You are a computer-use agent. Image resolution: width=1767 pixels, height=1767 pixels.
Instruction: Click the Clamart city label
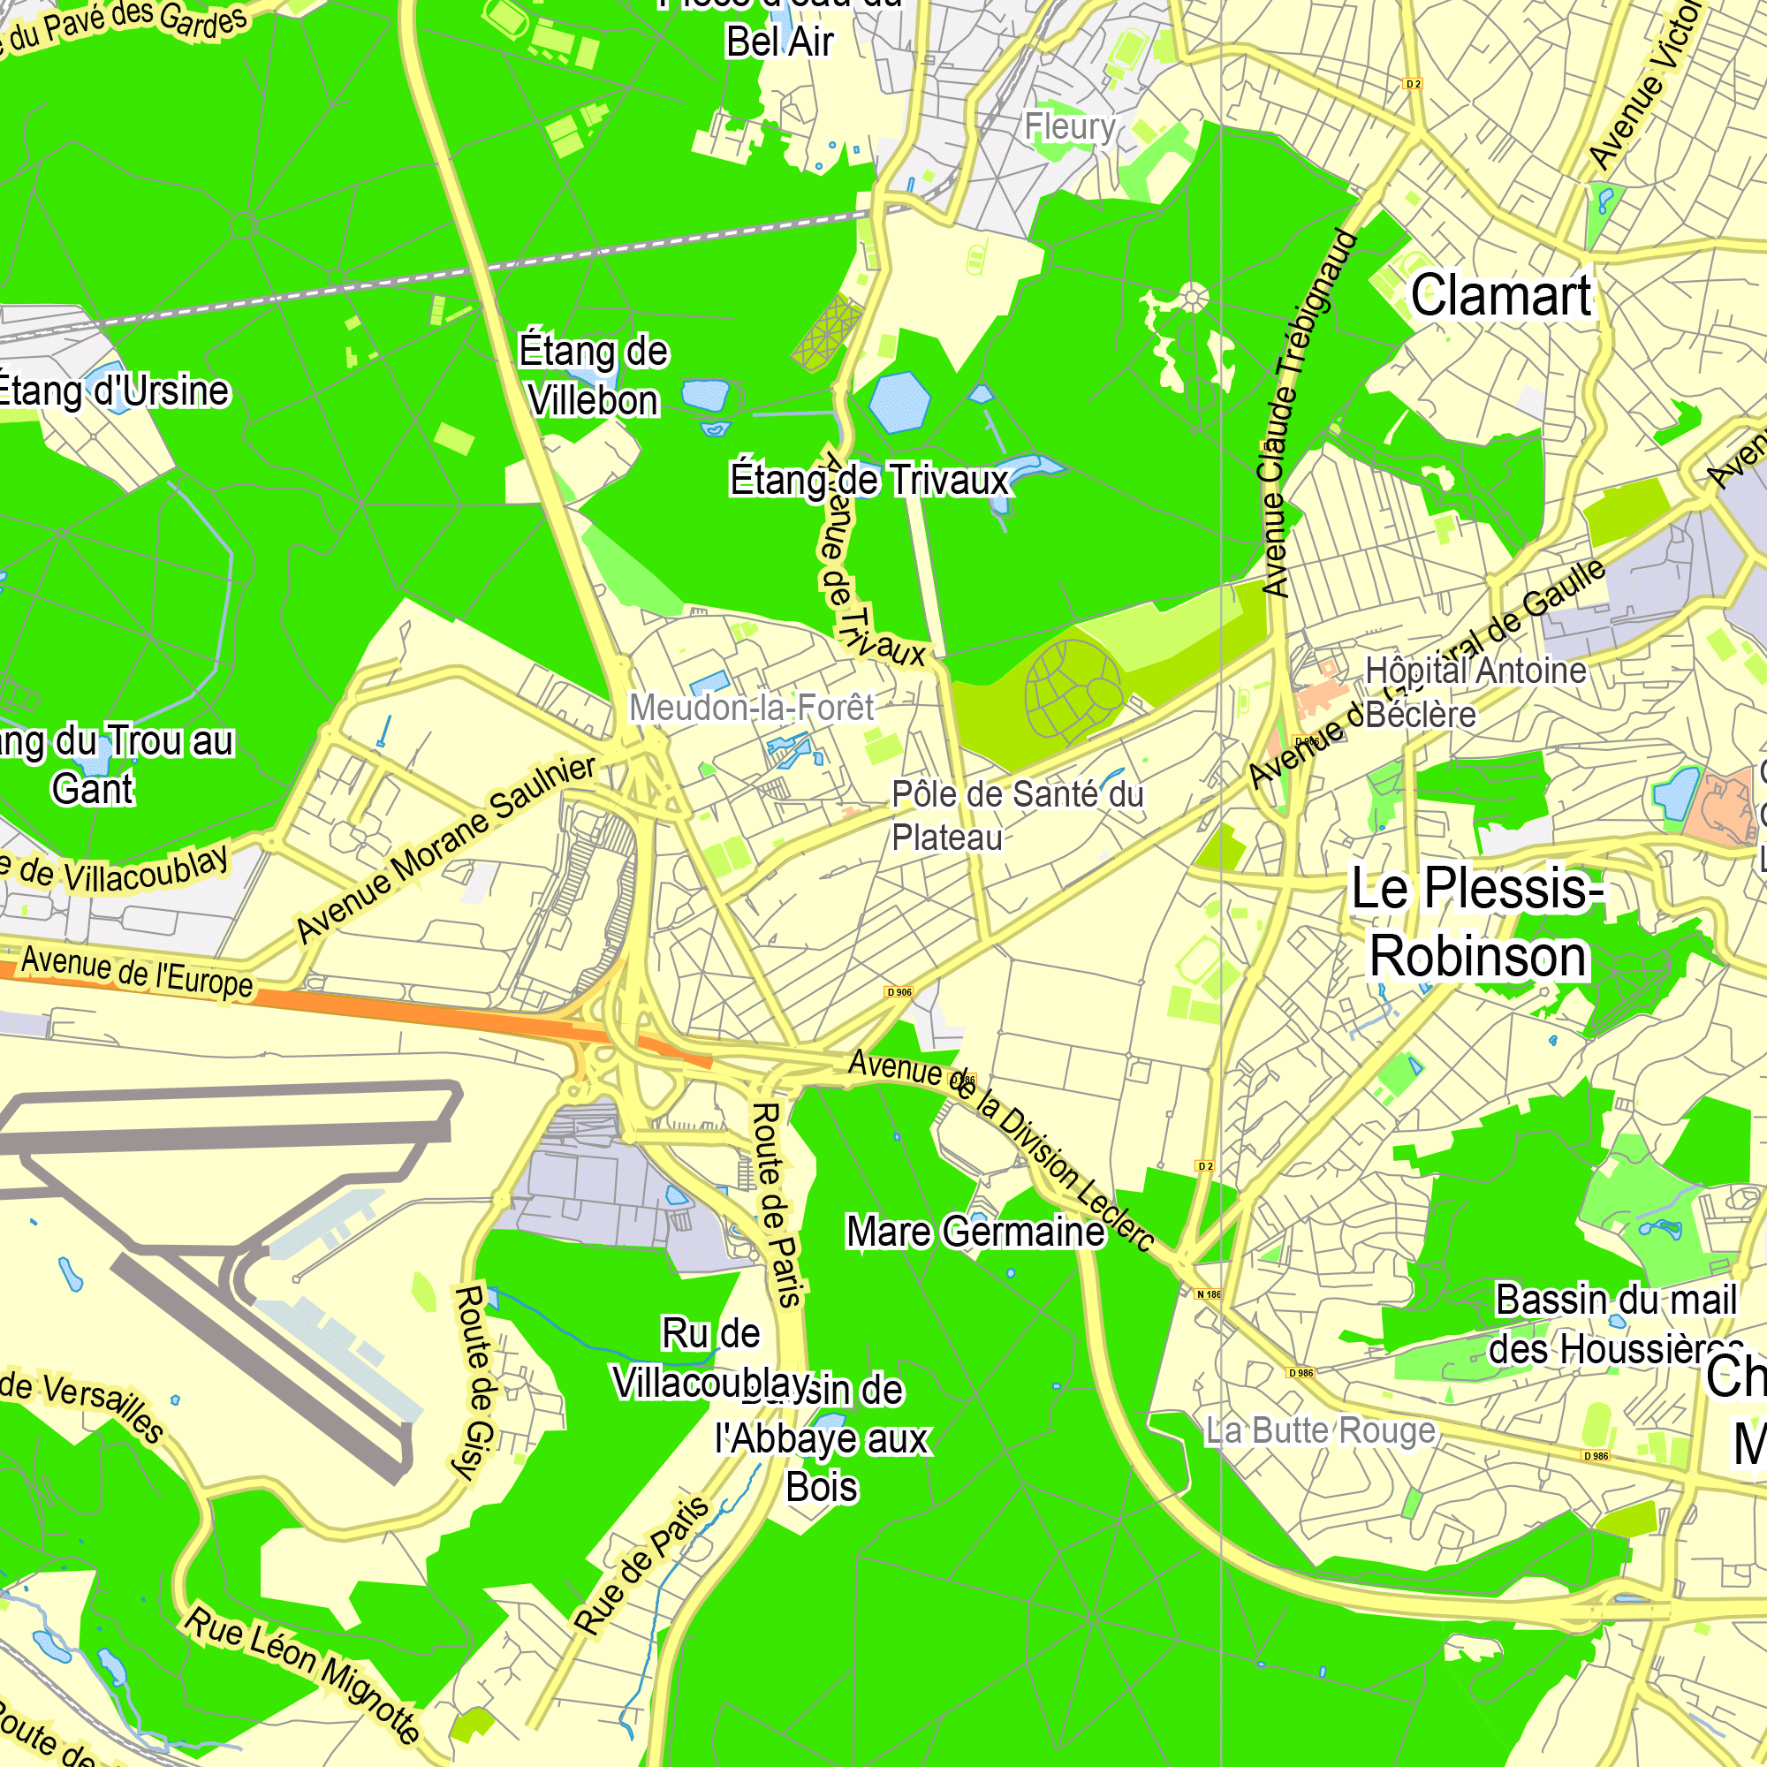[x=1501, y=296]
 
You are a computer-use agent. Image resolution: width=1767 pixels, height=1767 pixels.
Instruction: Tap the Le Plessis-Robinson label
[x=1477, y=923]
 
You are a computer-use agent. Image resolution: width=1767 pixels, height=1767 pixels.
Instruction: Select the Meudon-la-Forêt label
[x=752, y=707]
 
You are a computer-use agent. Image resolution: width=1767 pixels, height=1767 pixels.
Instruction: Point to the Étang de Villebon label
[x=594, y=375]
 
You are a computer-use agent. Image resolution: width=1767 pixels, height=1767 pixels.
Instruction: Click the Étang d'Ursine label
[x=112, y=391]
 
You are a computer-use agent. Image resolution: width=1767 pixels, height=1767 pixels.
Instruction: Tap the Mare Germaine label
[x=975, y=1232]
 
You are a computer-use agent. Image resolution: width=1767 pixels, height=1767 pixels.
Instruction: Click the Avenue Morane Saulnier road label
[x=446, y=849]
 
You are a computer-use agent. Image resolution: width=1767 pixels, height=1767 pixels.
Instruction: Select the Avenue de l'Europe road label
[x=137, y=972]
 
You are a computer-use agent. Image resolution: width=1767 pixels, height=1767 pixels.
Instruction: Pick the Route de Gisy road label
[x=475, y=1382]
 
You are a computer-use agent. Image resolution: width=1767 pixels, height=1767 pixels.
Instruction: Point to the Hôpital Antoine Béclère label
[x=1475, y=693]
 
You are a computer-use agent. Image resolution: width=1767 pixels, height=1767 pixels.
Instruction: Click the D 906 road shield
[x=899, y=992]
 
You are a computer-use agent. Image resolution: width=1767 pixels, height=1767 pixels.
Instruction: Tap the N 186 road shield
[x=1208, y=1294]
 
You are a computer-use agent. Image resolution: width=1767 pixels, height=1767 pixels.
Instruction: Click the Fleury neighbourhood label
[x=1069, y=126]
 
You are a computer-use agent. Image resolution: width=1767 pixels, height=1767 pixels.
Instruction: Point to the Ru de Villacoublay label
[x=711, y=1358]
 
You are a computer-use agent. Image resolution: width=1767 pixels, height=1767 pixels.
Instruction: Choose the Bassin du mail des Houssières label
[x=1615, y=1324]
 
